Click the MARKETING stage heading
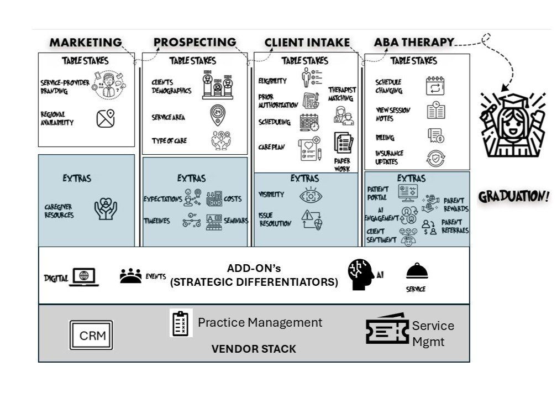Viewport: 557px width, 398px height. (x=85, y=42)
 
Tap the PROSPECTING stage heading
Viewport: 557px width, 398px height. (x=194, y=42)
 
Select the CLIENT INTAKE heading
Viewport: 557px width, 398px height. (x=307, y=42)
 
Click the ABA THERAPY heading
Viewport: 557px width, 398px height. (x=413, y=42)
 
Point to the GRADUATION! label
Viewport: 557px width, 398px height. (x=514, y=197)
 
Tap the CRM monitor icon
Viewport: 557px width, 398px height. (x=91, y=335)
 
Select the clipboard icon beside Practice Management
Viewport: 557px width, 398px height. (x=181, y=323)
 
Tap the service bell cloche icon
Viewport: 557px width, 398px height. (x=417, y=271)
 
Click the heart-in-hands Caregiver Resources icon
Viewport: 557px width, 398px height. (x=105, y=209)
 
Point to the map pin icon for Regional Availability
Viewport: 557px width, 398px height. (x=106, y=119)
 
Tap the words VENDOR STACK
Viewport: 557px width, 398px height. (x=254, y=349)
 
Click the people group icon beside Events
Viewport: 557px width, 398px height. (x=131, y=276)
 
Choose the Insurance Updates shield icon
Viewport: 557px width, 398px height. (x=435, y=159)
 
